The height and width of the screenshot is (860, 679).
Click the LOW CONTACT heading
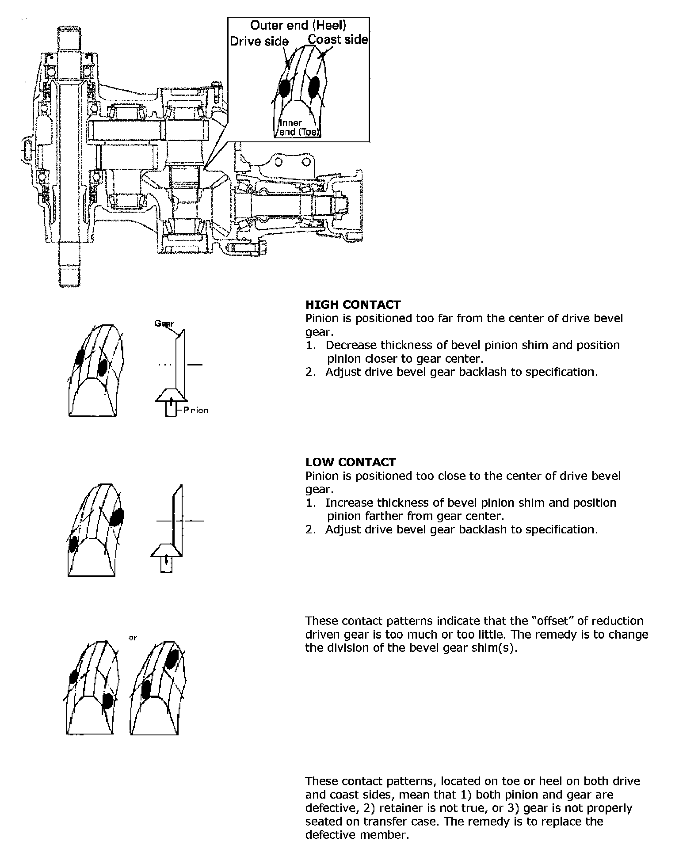pos(350,462)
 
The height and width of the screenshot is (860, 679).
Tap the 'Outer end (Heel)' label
pos(298,25)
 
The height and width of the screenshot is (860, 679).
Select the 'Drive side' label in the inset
pos(259,42)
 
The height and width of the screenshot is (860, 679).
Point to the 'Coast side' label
pos(338,40)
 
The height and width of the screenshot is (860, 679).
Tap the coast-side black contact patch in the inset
pos(314,86)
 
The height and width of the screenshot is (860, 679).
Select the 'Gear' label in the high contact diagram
pos(164,323)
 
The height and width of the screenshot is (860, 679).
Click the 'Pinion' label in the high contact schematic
pos(195,410)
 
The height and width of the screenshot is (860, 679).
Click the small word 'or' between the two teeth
pos(132,638)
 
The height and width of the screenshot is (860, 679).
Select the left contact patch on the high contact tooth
pos(80,357)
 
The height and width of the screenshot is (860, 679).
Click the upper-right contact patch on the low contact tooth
pos(117,517)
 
